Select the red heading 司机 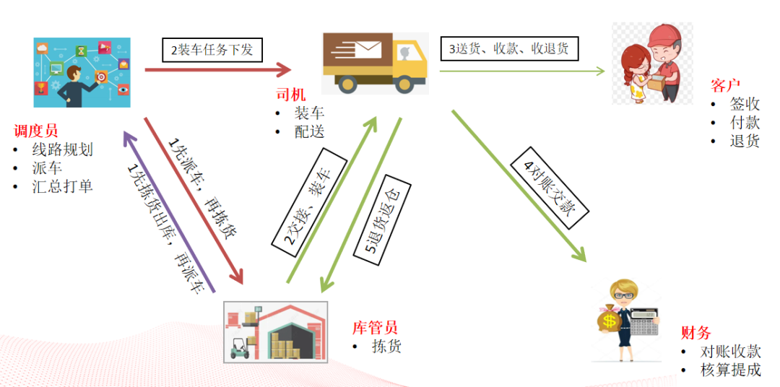290,95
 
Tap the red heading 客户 726,86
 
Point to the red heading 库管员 375,328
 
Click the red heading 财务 696,333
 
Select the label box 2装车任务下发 212,50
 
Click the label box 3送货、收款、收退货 508,49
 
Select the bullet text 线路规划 62,150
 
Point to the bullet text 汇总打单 62,186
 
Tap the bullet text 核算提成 730,370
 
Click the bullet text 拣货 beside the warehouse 386,347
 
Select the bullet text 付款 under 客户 745,122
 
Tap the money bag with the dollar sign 609,319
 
